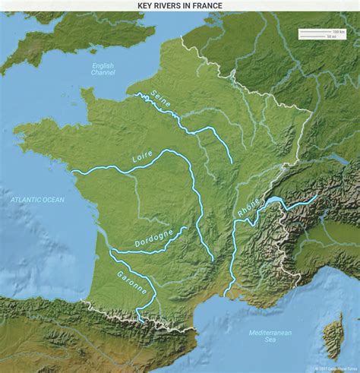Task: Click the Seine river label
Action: pyautogui.click(x=161, y=100)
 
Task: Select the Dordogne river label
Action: pyautogui.click(x=153, y=239)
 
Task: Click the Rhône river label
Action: pyautogui.click(x=248, y=208)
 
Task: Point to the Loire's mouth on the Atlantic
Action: pyautogui.click(x=74, y=172)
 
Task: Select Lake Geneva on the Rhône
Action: pyautogui.click(x=272, y=202)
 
